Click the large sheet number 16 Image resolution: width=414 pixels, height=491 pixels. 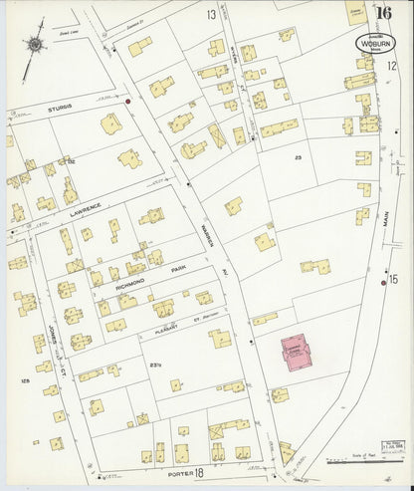pos(384,12)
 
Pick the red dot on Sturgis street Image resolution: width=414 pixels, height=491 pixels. pos(128,100)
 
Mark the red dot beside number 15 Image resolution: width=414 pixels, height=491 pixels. pos(382,284)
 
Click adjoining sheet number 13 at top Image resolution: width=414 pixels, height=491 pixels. pos(211,15)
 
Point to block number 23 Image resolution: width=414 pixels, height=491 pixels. pos(298,158)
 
